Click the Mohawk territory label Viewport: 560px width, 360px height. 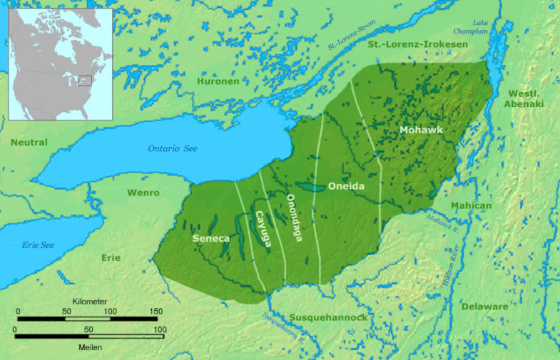coord(421,130)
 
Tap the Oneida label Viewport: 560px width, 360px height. coord(346,187)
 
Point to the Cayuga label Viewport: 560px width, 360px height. coord(263,230)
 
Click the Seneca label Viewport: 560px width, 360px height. coord(210,238)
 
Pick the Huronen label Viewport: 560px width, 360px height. coord(218,81)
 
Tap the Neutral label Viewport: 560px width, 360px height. coord(29,143)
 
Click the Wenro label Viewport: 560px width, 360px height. coord(143,192)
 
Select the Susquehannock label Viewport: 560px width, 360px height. coord(328,317)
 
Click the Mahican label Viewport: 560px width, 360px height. coord(471,206)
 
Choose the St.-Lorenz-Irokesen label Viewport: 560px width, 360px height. coord(417,45)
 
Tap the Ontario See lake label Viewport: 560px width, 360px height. coord(173,148)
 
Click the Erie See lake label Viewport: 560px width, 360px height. coord(38,245)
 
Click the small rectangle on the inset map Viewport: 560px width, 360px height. coord(85,81)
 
